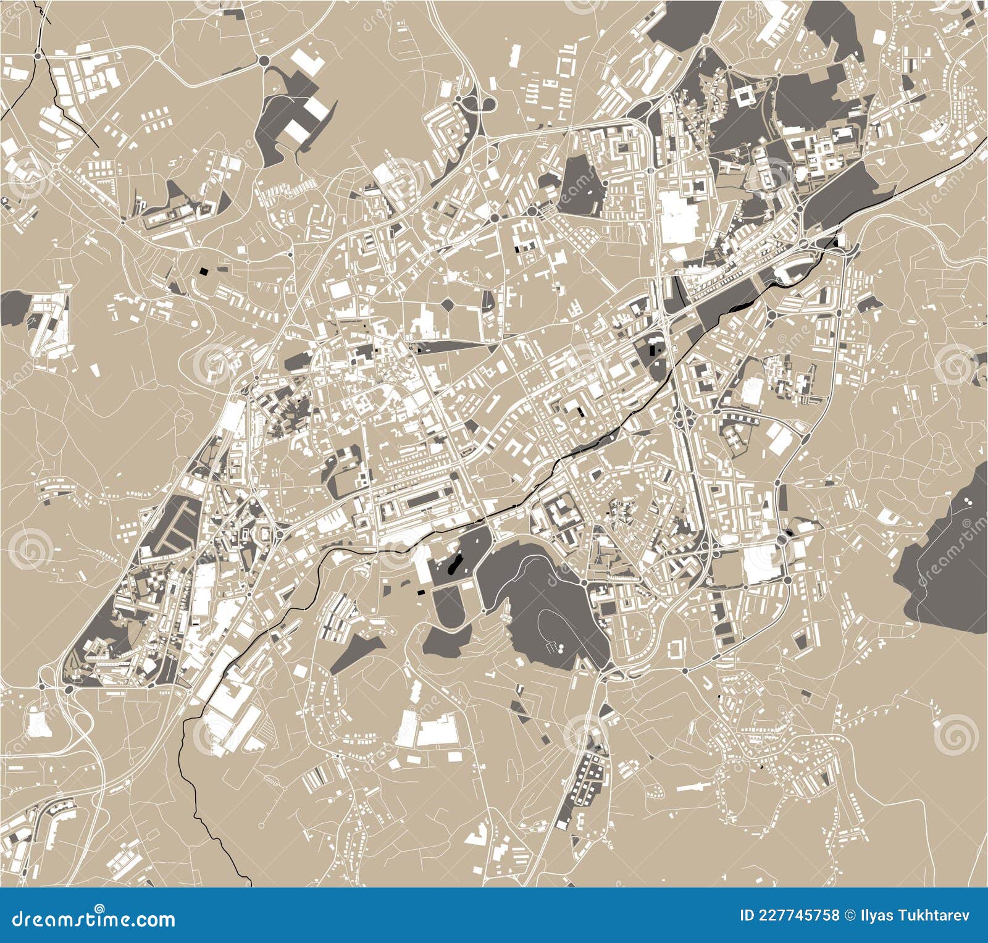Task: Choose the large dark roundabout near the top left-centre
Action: pyautogui.click(x=264, y=61)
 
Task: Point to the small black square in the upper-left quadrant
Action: pyautogui.click(x=204, y=270)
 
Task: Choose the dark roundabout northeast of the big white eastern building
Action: pyautogui.click(x=782, y=539)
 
